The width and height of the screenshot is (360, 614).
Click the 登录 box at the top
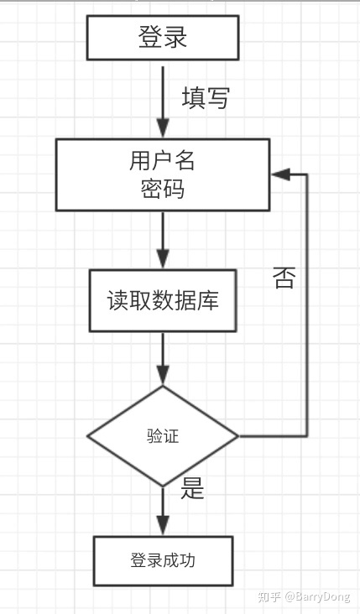point(163,39)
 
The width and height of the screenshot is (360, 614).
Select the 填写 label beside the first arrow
point(205,98)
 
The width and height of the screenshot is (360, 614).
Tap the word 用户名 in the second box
point(163,159)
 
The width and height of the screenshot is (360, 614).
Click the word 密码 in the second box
point(163,189)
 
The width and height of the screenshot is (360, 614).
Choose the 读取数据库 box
point(163,300)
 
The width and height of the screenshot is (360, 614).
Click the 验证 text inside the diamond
point(163,436)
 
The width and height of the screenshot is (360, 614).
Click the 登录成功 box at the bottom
point(163,560)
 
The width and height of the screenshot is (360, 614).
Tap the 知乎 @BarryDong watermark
point(305,596)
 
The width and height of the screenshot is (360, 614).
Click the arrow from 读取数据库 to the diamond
point(163,358)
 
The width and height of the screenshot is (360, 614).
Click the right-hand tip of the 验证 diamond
point(238,436)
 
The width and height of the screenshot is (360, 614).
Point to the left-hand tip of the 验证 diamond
point(88,436)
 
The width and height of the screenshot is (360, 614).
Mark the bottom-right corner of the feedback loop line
point(307,436)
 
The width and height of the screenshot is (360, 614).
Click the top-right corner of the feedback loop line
point(307,174)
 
